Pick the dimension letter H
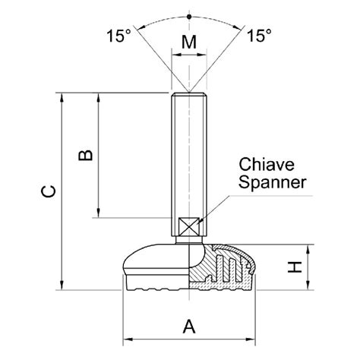[297, 267]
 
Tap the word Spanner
[273, 182]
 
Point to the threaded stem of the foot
[188, 152]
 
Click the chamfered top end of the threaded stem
[188, 94]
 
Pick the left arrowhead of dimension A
[128, 339]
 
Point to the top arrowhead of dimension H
[308, 249]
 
